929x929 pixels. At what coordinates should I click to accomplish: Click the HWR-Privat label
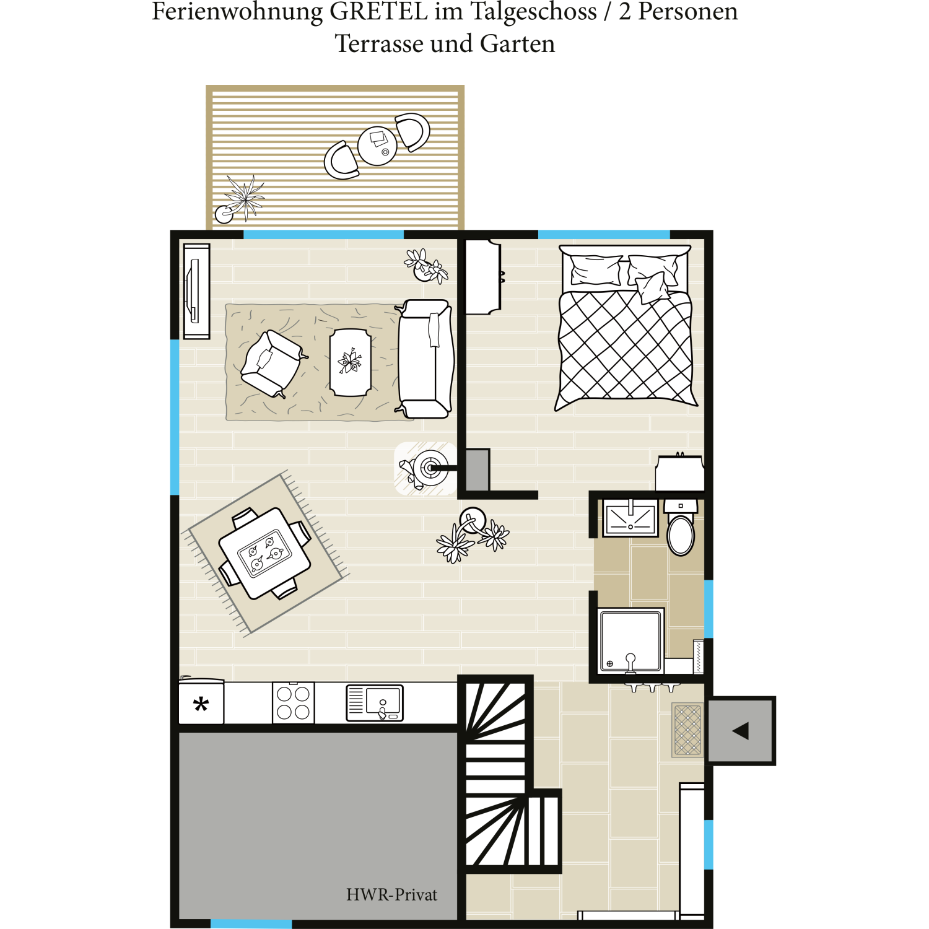tap(391, 894)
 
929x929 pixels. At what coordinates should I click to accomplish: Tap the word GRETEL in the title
tap(378, 11)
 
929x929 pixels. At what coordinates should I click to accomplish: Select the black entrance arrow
tap(741, 731)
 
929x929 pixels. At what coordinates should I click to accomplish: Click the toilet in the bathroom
tap(681, 528)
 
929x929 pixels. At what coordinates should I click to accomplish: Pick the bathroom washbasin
tap(630, 518)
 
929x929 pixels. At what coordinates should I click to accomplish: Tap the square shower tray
tap(631, 640)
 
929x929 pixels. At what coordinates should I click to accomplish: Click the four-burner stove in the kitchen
tap(294, 703)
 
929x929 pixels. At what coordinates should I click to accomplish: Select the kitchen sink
tap(375, 703)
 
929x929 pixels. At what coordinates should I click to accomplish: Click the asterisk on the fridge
tap(201, 704)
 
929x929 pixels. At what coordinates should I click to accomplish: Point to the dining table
tap(265, 553)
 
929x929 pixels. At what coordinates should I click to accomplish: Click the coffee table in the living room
tap(351, 362)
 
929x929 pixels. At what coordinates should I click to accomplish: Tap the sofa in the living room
tap(425, 359)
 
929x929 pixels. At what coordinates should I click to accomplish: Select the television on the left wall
tap(196, 291)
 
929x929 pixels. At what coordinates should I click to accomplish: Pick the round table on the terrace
tap(377, 146)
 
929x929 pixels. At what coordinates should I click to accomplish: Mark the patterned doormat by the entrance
tap(687, 730)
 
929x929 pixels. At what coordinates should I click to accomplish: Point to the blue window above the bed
tap(604, 234)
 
